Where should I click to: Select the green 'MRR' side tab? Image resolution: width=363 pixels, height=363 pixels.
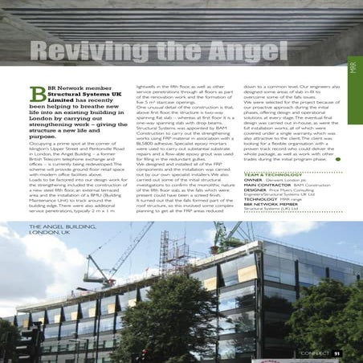354,59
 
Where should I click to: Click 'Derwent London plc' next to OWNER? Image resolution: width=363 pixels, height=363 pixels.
285,181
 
